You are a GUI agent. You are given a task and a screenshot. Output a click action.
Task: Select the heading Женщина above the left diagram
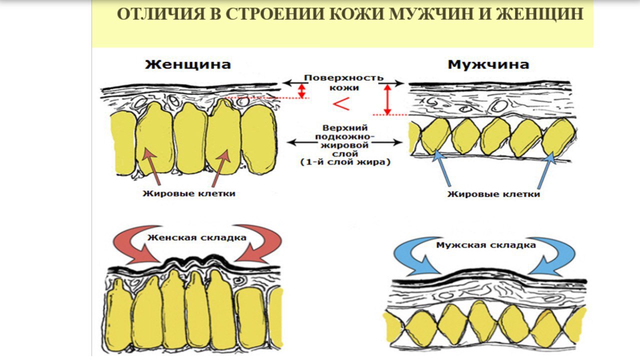188,64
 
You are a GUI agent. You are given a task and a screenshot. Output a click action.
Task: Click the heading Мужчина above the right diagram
488,64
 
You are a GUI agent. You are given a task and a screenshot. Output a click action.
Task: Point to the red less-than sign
341,104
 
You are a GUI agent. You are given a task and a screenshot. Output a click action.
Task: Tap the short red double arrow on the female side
301,90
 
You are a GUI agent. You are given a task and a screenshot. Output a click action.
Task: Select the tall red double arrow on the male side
386,99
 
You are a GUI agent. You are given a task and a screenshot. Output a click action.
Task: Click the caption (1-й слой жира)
344,162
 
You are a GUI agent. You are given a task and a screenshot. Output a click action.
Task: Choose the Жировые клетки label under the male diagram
493,193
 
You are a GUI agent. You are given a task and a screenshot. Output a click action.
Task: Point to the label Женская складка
196,237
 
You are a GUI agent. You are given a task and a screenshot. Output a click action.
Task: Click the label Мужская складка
485,245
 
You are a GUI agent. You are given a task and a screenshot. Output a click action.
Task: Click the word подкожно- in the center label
344,136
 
